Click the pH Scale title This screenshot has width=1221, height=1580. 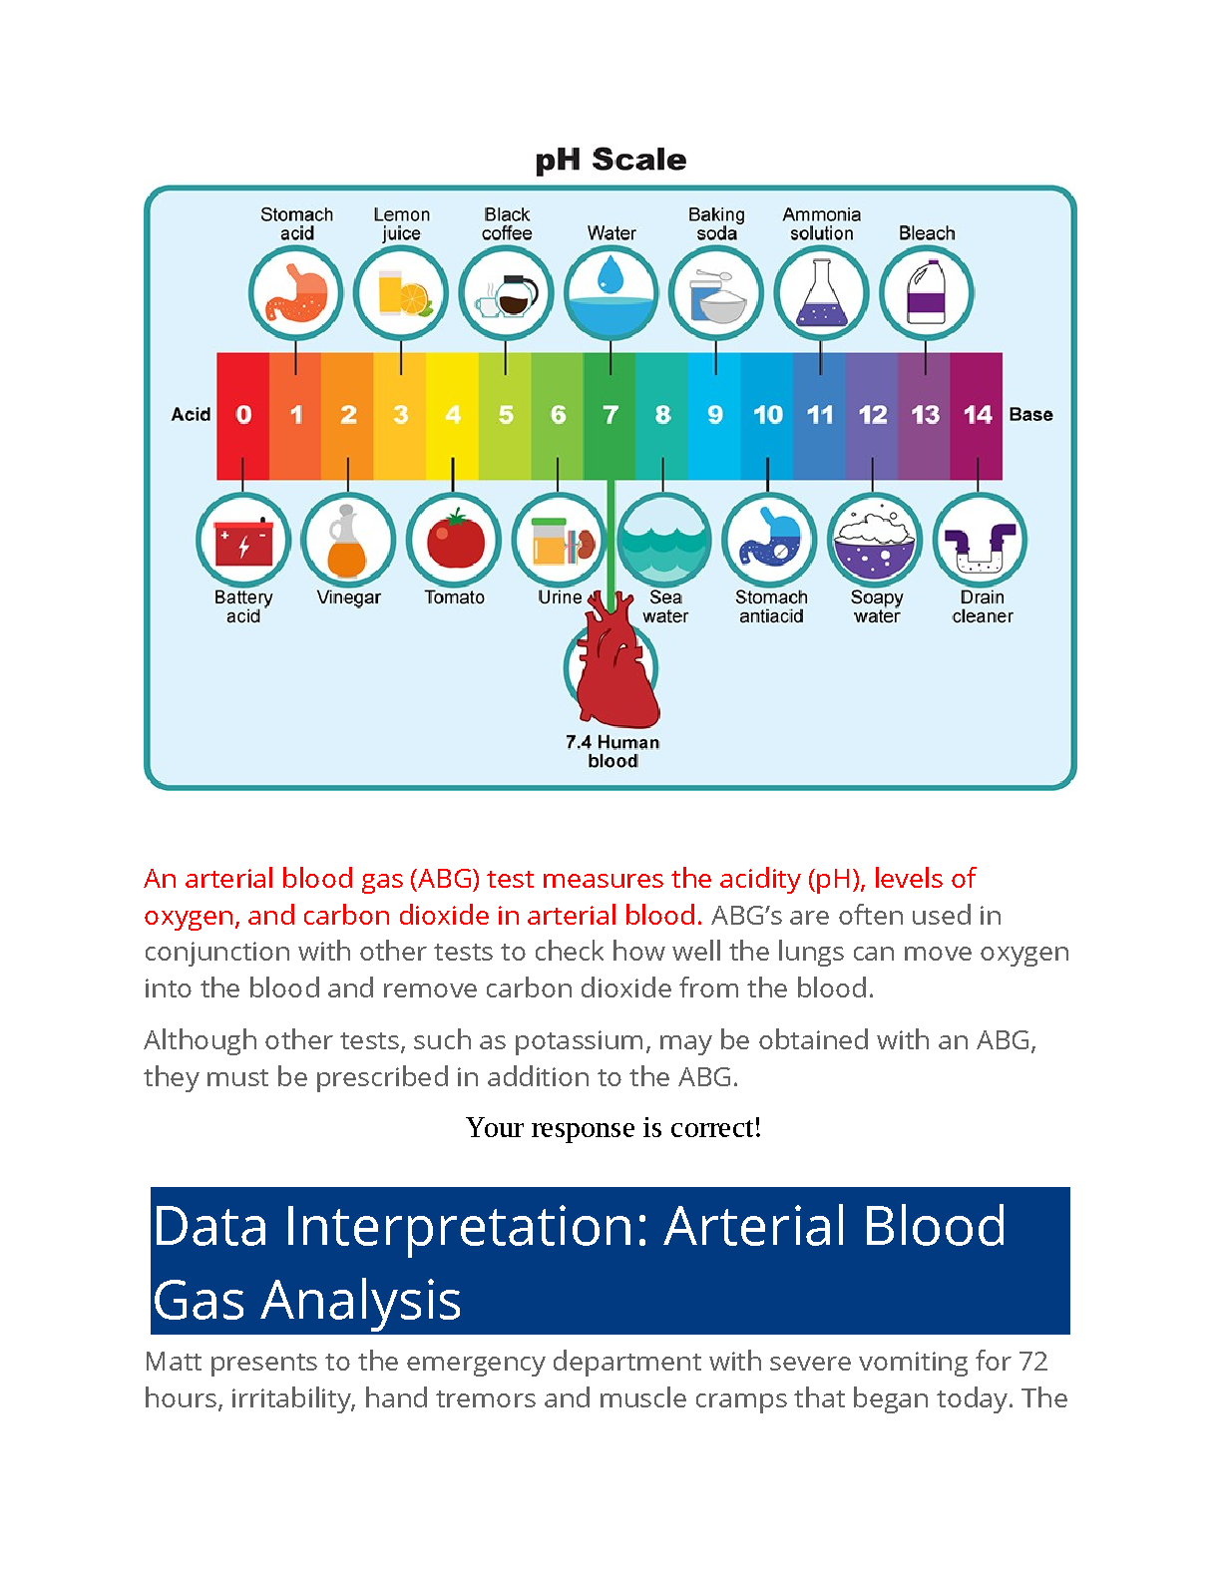(x=610, y=160)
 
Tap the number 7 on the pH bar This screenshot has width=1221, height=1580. (x=610, y=414)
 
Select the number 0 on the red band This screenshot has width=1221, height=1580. (x=243, y=414)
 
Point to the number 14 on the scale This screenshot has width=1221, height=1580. (x=978, y=414)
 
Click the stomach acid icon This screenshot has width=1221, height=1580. (x=295, y=293)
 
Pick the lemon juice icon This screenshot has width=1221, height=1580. (x=401, y=293)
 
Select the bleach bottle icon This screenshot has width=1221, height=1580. (x=926, y=293)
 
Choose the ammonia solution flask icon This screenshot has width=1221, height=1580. (x=821, y=293)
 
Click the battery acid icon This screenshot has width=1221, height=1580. (x=243, y=541)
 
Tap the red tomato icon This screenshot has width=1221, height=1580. (x=454, y=541)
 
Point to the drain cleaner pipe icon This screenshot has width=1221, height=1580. (x=981, y=541)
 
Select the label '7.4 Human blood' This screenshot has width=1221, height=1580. (x=612, y=751)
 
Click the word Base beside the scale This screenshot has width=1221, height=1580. (x=1030, y=414)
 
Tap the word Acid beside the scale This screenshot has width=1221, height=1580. (x=191, y=414)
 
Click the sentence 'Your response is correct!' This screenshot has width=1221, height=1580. (x=613, y=1127)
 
